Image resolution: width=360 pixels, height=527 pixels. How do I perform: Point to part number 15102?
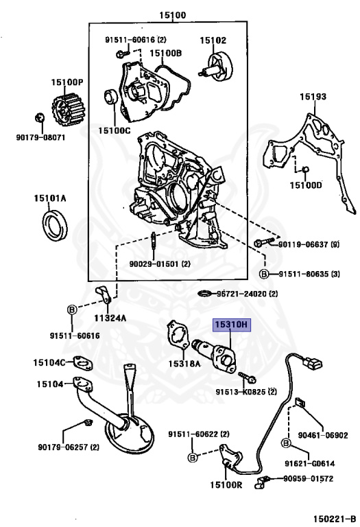click(x=213, y=40)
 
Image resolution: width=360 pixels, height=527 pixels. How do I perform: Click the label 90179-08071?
click(x=40, y=137)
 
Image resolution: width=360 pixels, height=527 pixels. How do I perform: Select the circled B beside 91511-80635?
click(x=263, y=274)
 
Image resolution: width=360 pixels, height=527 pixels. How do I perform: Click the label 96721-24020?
click(x=240, y=294)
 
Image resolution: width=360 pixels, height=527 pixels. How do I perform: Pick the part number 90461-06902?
click(x=323, y=435)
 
